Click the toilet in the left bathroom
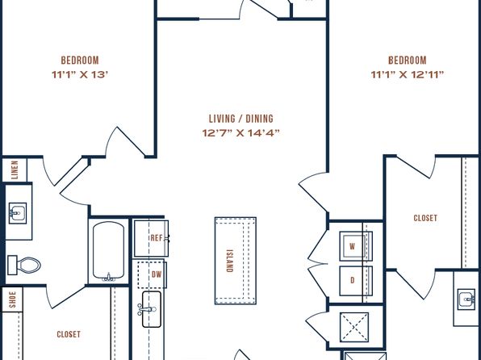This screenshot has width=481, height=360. click(24, 265)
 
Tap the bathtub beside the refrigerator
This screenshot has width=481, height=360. click(109, 251)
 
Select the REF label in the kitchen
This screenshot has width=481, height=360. click(157, 238)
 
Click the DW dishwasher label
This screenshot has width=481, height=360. click(157, 274)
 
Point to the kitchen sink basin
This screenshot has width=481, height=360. click(152, 309)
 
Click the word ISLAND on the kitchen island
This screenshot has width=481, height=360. click(229, 261)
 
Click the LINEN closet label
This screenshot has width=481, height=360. click(15, 170)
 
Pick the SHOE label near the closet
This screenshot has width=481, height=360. click(12, 299)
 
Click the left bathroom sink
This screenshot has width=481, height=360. click(18, 213)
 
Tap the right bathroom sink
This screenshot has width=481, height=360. click(466, 299)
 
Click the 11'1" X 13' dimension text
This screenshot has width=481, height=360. click(80, 74)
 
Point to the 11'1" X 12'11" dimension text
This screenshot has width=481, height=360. click(408, 74)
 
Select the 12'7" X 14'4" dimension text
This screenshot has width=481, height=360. click(240, 133)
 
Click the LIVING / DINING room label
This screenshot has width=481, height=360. click(240, 119)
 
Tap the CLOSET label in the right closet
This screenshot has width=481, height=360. click(425, 218)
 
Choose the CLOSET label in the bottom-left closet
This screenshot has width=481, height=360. click(69, 334)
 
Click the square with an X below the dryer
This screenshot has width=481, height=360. click(354, 327)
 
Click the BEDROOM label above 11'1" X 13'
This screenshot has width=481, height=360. click(80, 61)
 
